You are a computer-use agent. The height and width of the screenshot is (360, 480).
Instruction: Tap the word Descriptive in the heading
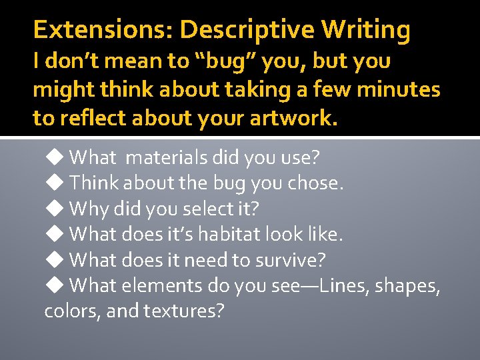click(247, 30)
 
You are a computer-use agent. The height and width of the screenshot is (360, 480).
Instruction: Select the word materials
click(167, 158)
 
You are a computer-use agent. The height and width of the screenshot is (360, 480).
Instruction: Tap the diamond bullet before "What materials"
click(53, 157)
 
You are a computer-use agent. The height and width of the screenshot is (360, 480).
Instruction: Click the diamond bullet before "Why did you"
click(53, 209)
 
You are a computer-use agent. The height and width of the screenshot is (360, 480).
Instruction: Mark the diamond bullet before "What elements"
click(53, 285)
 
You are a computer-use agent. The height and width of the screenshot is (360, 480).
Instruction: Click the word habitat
click(221, 234)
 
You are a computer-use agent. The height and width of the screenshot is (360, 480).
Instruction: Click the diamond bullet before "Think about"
click(53, 183)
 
